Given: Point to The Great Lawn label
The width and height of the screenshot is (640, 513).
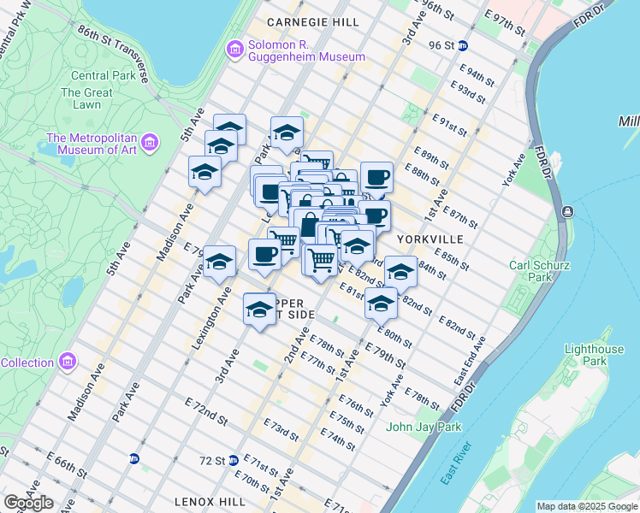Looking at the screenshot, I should (x=86, y=98).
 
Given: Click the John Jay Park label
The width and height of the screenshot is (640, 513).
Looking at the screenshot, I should (x=424, y=427).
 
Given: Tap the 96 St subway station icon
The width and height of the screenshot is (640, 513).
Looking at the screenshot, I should (x=463, y=45).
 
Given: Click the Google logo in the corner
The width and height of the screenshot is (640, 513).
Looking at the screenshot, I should (x=28, y=503).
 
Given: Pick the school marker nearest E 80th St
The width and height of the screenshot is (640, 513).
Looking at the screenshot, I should (x=381, y=304).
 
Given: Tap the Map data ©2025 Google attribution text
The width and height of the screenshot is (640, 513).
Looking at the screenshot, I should (x=586, y=506).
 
